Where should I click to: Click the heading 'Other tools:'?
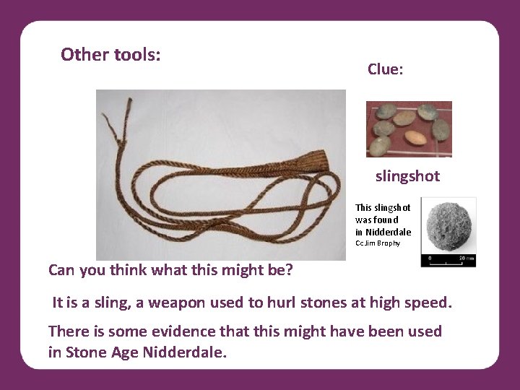coord(110,55)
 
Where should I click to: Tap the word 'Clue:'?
coord(385,69)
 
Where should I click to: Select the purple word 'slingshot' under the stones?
coord(407,176)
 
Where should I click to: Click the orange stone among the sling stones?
coord(414,137)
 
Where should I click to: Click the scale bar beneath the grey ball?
coord(448,256)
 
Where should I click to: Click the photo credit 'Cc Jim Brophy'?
coord(377,243)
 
